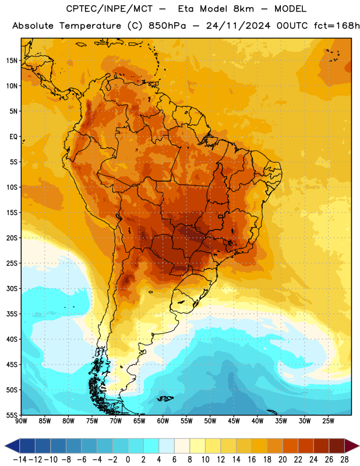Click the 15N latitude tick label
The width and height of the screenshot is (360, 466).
[x=12, y=61]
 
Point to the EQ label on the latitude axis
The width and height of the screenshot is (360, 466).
[x=13, y=137]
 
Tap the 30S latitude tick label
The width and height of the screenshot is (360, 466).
[x=12, y=288]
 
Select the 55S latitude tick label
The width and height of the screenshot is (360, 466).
[x=12, y=415]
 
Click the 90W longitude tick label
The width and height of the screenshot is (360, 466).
[x=21, y=421]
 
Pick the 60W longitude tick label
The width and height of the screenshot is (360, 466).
[x=163, y=421]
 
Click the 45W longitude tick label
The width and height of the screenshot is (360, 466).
[x=234, y=421]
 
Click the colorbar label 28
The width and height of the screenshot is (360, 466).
[x=344, y=460]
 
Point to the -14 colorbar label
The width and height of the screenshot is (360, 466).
[x=20, y=460]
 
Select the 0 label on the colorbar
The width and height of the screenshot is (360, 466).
[x=128, y=460]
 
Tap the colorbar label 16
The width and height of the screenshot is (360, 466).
[x=252, y=460]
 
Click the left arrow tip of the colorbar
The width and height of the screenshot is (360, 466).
[x=5, y=446]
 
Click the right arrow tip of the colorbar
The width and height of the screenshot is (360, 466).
[x=359, y=446]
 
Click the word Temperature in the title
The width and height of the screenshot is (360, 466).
[x=90, y=26]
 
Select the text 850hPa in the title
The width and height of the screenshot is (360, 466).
[x=167, y=26]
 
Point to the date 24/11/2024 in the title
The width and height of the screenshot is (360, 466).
[x=238, y=26]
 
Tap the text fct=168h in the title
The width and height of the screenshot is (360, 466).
[x=337, y=26]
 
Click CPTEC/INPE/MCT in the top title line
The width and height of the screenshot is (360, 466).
[x=110, y=9]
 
